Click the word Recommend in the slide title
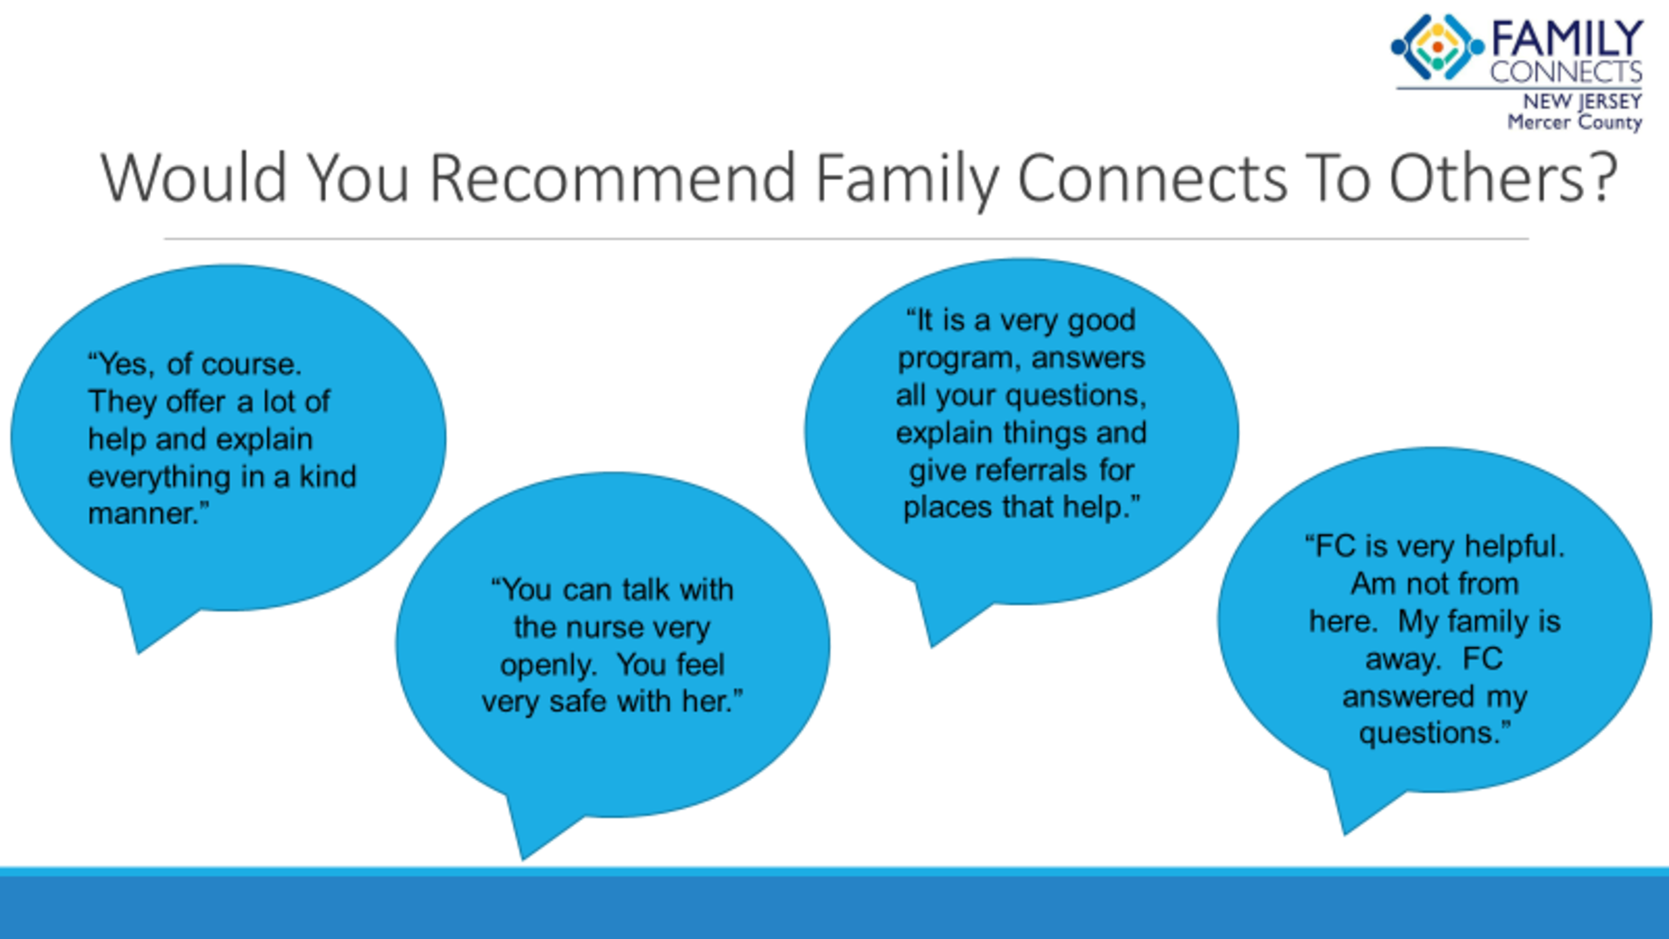(x=612, y=177)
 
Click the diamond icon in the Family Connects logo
(x=1437, y=47)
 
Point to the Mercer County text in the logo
(x=1575, y=122)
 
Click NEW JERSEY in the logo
(x=1582, y=101)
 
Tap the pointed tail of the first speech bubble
(x=139, y=652)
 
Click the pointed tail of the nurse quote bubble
(x=523, y=858)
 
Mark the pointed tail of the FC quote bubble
(x=1345, y=832)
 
